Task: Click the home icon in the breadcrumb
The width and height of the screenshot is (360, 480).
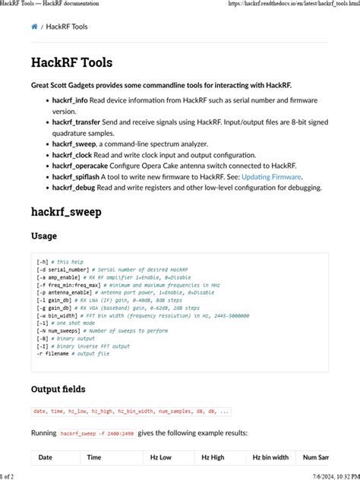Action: pyautogui.click(x=34, y=27)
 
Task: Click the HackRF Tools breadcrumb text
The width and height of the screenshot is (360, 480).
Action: pyautogui.click(x=67, y=27)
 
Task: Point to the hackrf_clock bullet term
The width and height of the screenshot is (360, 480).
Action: pyautogui.click(x=72, y=154)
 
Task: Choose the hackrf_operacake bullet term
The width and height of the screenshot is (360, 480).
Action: pyautogui.click(x=80, y=165)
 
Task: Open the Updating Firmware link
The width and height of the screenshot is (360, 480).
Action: pyautogui.click(x=271, y=176)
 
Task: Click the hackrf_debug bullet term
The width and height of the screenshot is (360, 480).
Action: pyautogui.click(x=73, y=187)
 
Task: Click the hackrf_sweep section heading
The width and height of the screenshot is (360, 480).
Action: pyautogui.click(x=66, y=211)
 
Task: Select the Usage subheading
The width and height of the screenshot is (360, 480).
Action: pyautogui.click(x=44, y=236)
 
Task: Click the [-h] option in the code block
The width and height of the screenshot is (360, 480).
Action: pyautogui.click(x=42, y=262)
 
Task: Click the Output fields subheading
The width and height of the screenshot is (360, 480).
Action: pyautogui.click(x=58, y=389)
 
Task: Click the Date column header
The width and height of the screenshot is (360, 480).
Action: pyautogui.click(x=45, y=457)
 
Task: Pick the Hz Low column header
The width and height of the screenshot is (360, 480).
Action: pyautogui.click(x=160, y=457)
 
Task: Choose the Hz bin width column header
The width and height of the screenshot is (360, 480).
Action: pyautogui.click(x=270, y=457)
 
